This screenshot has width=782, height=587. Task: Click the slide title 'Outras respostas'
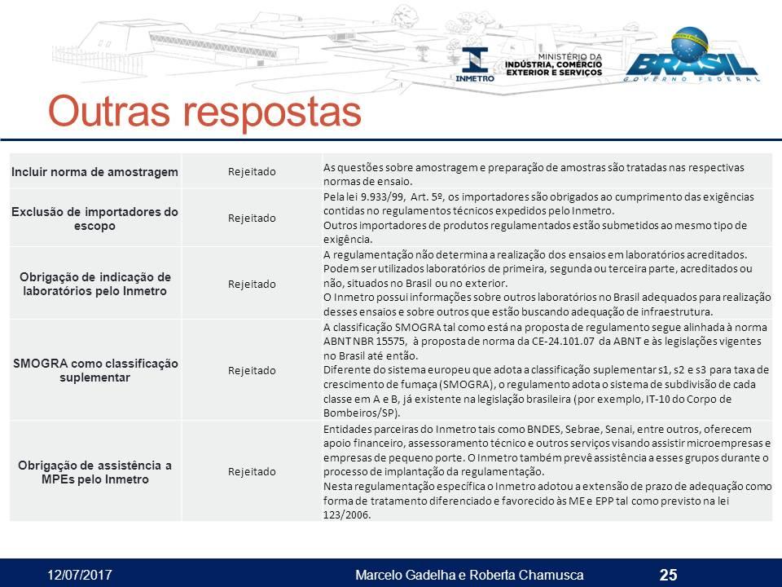coord(204,112)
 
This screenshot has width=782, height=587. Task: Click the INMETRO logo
coord(475,64)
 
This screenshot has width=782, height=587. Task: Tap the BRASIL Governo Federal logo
coord(693,55)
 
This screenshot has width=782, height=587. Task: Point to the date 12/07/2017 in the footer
coord(80,575)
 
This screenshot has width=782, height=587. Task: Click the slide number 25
coord(668,575)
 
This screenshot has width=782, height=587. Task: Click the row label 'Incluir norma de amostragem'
coord(94,172)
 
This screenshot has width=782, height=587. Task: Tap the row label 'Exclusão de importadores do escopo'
coord(94,218)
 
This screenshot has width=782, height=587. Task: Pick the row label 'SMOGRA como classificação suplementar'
coord(95,370)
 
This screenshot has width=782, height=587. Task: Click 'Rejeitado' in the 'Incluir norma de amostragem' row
coord(252,172)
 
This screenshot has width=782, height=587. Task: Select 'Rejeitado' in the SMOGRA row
coord(252,370)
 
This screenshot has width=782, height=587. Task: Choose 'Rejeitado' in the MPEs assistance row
coord(252,472)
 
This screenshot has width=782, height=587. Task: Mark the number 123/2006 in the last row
coord(347,515)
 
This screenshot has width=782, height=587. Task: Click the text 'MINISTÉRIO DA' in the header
coord(570,57)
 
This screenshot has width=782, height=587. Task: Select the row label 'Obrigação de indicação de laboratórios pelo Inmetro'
coord(94,284)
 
